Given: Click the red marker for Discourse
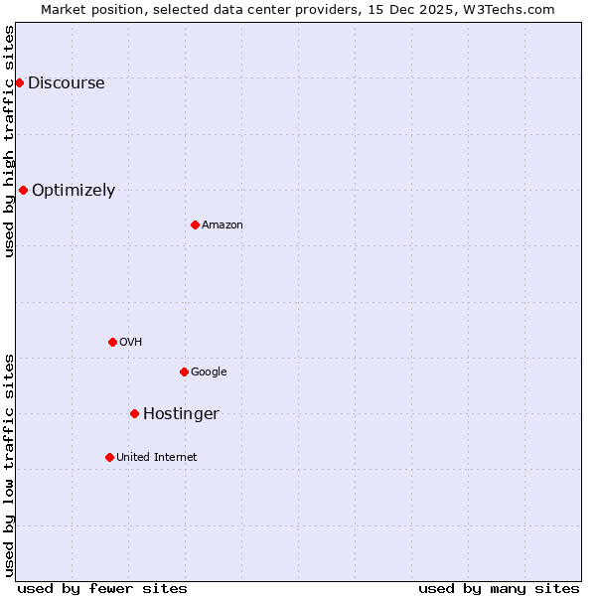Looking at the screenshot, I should pyautogui.click(x=19, y=82).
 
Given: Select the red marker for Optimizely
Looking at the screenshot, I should pyautogui.click(x=23, y=190).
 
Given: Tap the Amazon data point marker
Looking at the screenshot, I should pyautogui.click(x=195, y=224).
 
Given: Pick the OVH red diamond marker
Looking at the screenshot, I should pyautogui.click(x=112, y=342).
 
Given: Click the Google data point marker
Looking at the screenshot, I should pyautogui.click(x=184, y=372).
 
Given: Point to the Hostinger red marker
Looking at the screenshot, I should pyautogui.click(x=134, y=413).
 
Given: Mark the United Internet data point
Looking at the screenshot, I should pyautogui.click(x=109, y=457).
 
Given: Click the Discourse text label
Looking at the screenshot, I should pyautogui.click(x=66, y=83).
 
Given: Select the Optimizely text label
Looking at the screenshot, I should pyautogui.click(x=74, y=191).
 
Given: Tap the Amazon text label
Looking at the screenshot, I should pyautogui.click(x=222, y=225).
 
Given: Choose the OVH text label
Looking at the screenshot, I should pyautogui.click(x=130, y=343).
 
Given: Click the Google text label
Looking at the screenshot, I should pyautogui.click(x=209, y=372).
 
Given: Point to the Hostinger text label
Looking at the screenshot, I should pyautogui.click(x=181, y=414).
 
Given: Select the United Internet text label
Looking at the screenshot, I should pyautogui.click(x=156, y=458).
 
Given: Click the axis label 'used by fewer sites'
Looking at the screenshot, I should pyautogui.click(x=102, y=588).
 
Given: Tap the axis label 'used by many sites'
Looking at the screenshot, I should pyautogui.click(x=499, y=588).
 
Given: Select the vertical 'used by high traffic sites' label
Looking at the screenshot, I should pyautogui.click(x=9, y=141).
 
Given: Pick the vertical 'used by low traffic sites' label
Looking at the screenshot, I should pyautogui.click(x=9, y=464).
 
